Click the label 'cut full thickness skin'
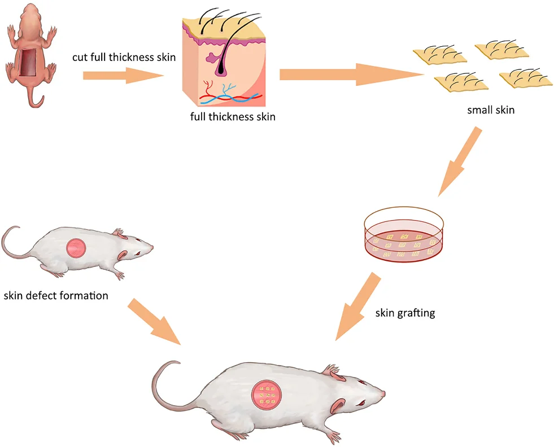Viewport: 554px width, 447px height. click(x=124, y=57)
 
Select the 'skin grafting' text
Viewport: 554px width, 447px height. click(x=405, y=313)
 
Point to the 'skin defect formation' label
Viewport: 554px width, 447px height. click(x=55, y=295)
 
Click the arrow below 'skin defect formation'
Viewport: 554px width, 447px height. click(x=152, y=321)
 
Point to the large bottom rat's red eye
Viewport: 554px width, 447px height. click(x=361, y=403)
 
